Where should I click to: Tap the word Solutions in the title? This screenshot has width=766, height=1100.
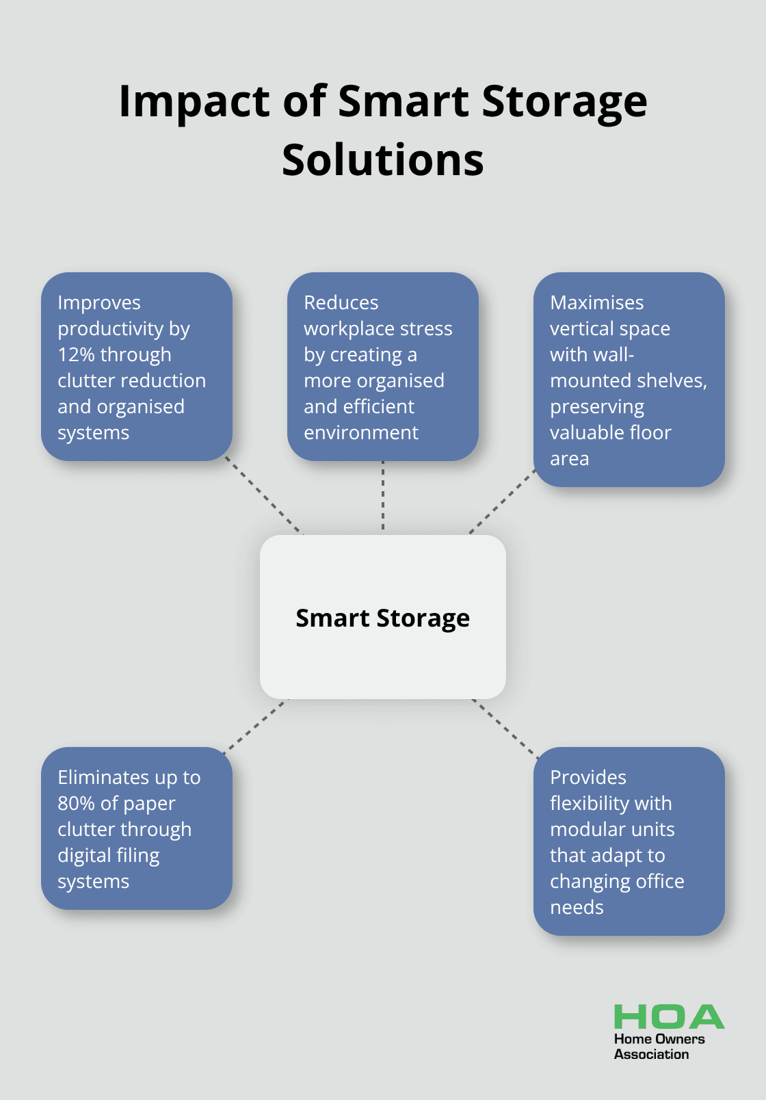[383, 161]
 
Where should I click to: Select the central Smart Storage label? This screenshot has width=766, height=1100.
[383, 618]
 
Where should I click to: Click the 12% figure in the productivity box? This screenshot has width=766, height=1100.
[76, 355]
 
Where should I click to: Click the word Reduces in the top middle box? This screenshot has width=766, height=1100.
[341, 303]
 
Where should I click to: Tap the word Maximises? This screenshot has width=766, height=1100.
[597, 303]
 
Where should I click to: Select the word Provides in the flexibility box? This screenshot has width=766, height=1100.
[588, 778]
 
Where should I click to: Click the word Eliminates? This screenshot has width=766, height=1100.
[103, 778]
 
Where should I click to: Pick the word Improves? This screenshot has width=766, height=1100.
[99, 303]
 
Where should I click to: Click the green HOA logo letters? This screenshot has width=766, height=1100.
[669, 1017]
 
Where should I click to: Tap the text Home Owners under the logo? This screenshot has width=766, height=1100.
[659, 1039]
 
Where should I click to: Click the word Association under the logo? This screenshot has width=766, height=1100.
[651, 1055]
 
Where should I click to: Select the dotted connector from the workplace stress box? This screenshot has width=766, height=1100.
[383, 497]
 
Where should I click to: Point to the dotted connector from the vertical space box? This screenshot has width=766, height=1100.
[502, 501]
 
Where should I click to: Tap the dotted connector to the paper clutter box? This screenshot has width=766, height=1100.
[256, 725]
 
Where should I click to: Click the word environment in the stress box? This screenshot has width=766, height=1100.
[361, 433]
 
